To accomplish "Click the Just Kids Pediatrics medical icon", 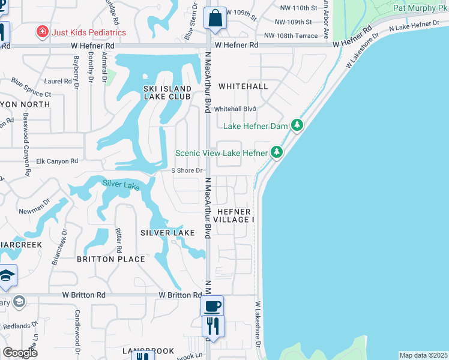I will click(43, 32).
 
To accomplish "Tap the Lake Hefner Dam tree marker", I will click(296, 125).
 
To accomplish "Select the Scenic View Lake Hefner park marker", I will click(276, 152).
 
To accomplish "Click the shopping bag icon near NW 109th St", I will click(215, 18).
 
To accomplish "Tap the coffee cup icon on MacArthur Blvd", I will click(212, 306).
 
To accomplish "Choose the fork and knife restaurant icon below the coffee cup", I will click(212, 326).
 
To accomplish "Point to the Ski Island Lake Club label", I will click(167, 92).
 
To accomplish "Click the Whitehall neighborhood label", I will click(243, 86).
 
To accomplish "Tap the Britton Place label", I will click(111, 259).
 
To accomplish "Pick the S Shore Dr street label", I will click(185, 170).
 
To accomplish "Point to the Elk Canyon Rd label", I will click(58, 161).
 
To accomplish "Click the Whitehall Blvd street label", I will click(235, 109).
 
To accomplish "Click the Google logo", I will click(20, 352).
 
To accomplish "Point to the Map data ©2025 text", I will click(423, 355).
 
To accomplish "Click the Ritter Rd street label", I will click(119, 240).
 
